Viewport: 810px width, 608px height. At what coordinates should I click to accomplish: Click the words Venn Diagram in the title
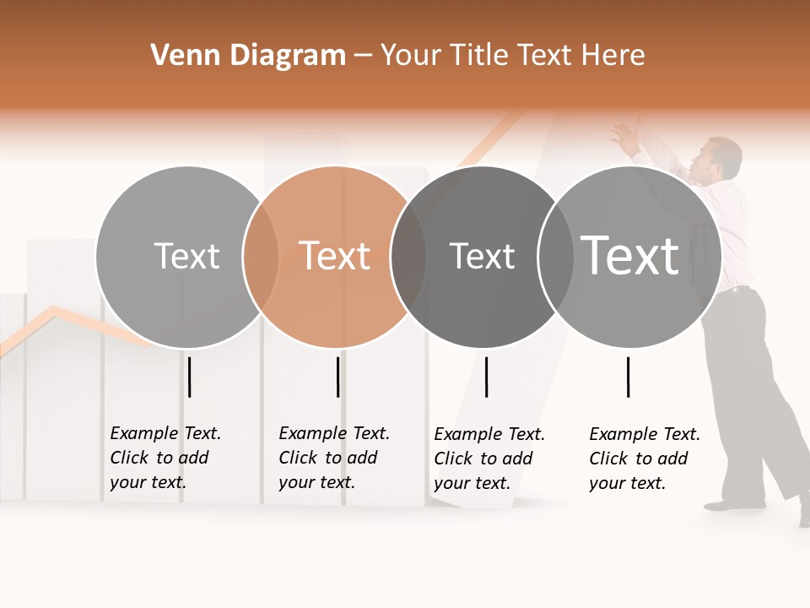pos(248,55)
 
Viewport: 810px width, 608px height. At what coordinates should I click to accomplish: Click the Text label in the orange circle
pos(335,255)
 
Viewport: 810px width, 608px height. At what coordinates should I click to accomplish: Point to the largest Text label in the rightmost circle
pos(630,255)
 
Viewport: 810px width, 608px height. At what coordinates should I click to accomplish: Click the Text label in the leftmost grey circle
pos(186,255)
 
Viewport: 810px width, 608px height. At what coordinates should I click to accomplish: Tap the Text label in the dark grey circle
pos(482,255)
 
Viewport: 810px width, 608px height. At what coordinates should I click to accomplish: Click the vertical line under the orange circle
pos(337,377)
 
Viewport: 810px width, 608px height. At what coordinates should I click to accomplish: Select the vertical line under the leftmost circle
pos(190,377)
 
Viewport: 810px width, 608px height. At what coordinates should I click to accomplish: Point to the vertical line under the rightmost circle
pos(628,377)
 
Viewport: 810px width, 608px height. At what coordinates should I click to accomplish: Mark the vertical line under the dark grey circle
pos(486,377)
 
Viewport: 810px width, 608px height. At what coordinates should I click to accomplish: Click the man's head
pos(722,157)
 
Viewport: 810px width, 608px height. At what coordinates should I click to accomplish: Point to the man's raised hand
pos(624,136)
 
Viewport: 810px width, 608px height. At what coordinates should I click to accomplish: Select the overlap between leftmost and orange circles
pos(261,257)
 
